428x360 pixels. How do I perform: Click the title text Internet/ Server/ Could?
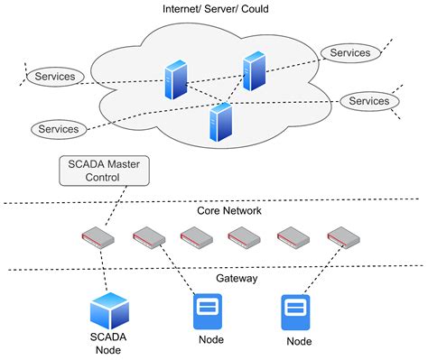(214, 9)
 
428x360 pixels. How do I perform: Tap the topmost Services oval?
(349, 53)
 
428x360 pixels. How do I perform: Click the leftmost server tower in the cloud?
(174, 80)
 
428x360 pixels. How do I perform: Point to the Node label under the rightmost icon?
(298, 342)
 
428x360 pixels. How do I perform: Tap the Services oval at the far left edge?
(55, 77)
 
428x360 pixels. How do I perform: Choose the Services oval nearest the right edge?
(368, 101)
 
